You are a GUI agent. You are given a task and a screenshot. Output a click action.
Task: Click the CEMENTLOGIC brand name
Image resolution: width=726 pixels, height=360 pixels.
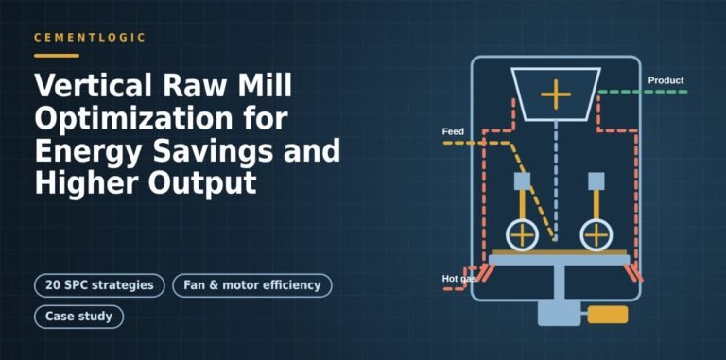90,38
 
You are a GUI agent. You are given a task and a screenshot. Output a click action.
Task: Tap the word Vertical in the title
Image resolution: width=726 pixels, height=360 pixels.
93,86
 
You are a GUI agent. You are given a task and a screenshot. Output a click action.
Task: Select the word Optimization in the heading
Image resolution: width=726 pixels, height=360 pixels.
134,118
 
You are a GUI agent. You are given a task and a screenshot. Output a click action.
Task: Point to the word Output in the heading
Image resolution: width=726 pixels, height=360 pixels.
202,182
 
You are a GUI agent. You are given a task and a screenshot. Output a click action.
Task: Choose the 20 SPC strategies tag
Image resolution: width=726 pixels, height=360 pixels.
99,285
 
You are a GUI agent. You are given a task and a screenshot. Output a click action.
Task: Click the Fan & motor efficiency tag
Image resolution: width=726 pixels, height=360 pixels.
252,285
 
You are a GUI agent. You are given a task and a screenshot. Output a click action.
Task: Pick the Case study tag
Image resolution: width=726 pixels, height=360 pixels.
78,317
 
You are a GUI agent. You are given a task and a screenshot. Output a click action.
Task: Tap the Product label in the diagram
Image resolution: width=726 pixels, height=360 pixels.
665,80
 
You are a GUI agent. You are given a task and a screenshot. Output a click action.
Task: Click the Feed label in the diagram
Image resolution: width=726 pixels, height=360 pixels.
453,132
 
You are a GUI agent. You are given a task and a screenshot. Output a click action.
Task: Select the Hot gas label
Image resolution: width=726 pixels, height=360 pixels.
458,279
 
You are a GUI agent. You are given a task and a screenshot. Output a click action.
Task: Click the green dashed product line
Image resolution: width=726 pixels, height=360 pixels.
642,92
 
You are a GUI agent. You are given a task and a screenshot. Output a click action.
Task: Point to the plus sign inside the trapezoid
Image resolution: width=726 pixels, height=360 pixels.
556,94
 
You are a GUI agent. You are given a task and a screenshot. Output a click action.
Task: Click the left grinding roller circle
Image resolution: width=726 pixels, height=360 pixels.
522,235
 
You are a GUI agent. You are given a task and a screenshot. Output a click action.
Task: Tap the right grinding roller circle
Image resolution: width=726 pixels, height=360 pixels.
596,235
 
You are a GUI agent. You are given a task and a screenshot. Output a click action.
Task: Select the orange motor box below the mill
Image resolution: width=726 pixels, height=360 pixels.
608,315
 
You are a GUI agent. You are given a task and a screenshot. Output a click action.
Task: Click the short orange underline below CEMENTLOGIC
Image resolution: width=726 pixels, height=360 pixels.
57,56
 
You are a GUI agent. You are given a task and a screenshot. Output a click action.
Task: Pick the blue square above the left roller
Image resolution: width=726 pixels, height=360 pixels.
522,180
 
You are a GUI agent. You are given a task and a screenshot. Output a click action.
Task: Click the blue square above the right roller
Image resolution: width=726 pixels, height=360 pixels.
596,180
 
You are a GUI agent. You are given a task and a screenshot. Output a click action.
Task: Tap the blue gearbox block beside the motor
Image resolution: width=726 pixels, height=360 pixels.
560,314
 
